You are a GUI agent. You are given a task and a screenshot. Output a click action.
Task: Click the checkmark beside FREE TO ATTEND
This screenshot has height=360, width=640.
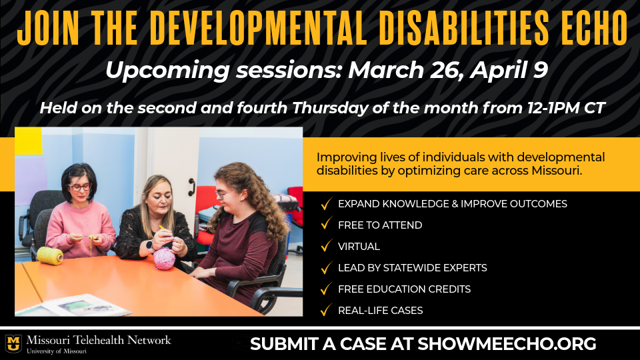[x=325, y=225]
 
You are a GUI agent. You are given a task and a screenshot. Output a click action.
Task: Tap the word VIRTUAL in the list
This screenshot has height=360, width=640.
[x=359, y=247]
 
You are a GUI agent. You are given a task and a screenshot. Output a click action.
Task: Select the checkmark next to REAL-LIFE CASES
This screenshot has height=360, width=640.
[x=325, y=310]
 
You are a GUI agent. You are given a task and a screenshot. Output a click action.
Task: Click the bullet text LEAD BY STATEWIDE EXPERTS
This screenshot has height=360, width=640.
[x=412, y=268]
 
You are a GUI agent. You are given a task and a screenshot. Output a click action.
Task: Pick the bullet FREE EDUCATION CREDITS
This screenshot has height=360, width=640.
[x=404, y=289]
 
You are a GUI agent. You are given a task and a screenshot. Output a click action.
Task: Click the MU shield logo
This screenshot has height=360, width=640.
[x=13, y=343]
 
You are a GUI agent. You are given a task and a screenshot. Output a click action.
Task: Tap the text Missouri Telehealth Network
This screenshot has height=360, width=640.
[x=99, y=340]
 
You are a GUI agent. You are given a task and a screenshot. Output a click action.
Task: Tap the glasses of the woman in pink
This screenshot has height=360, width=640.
[x=79, y=187]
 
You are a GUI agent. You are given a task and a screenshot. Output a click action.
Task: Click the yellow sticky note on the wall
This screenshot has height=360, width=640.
[x=28, y=141]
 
